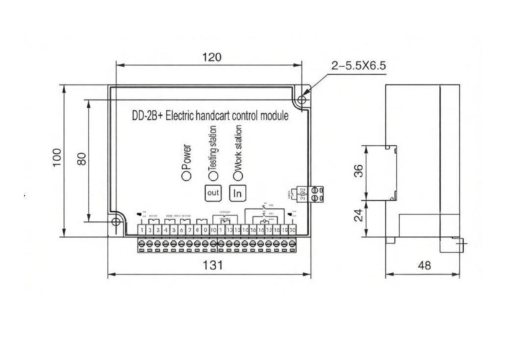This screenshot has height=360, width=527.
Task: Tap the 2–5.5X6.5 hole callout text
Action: coord(359,66)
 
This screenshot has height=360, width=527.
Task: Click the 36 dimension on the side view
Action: coord(358,171)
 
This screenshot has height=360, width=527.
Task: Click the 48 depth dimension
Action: coord(425,265)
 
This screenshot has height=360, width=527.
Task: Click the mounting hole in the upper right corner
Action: coord(301,100)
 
